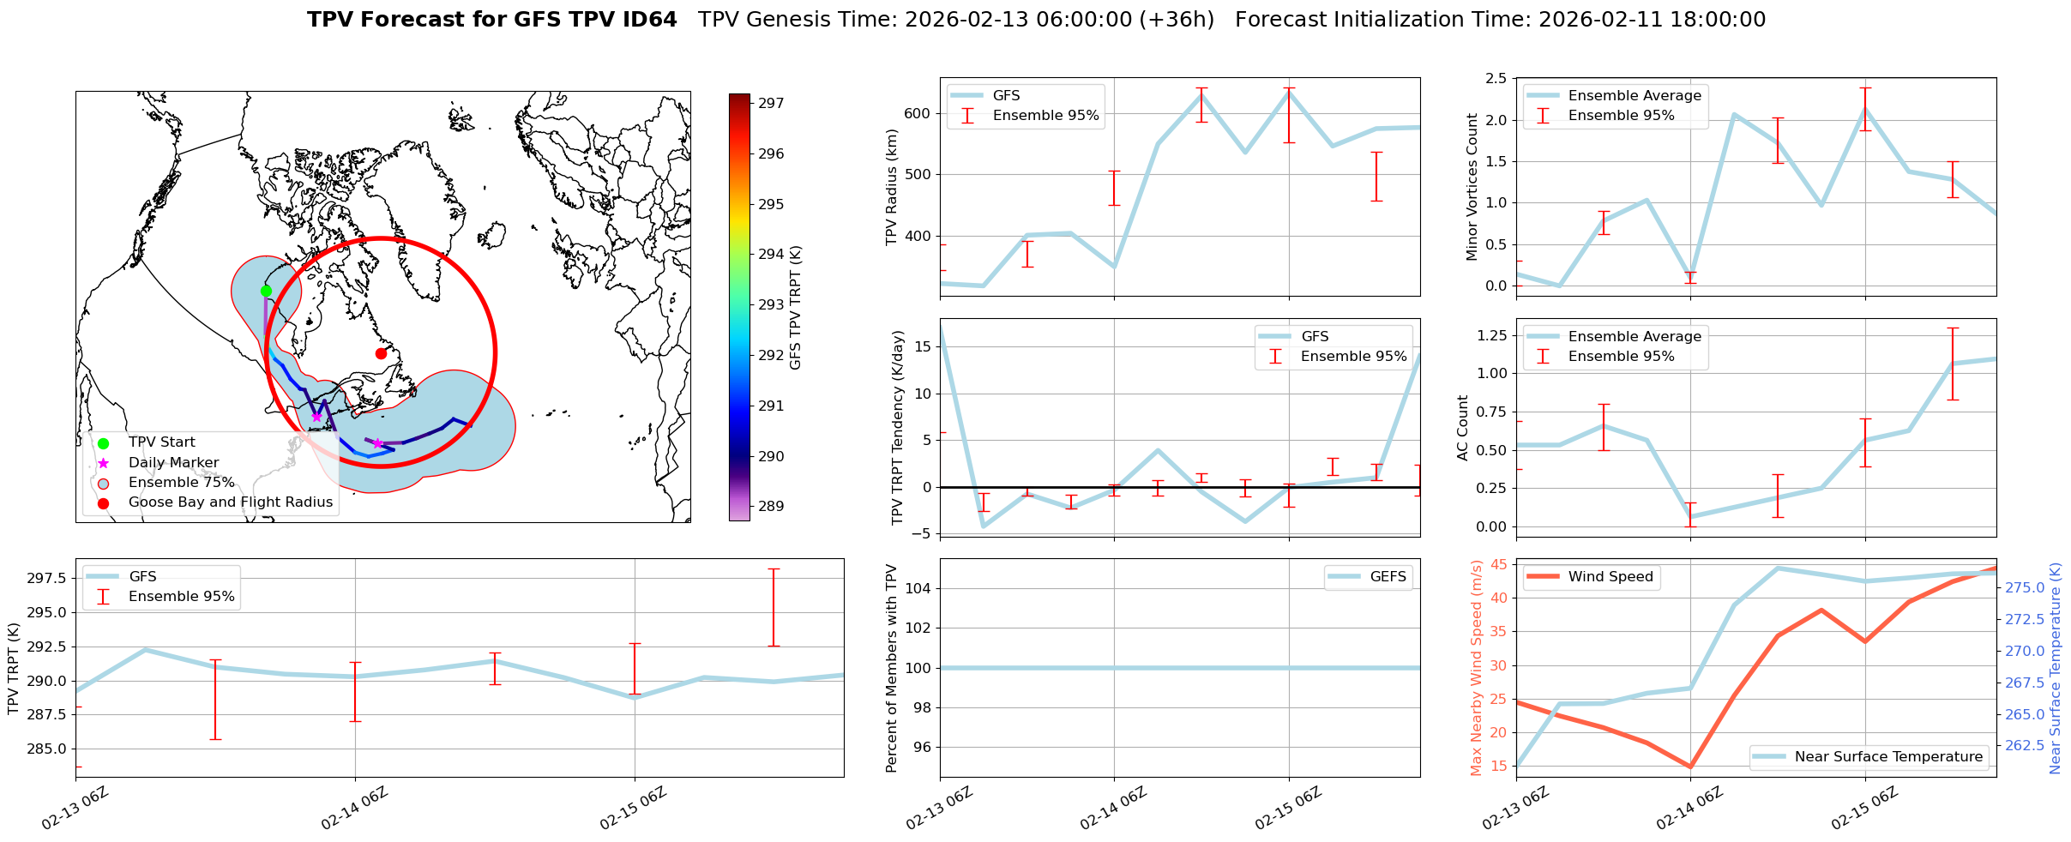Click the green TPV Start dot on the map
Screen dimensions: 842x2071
(x=266, y=291)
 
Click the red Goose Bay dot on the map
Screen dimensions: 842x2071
(x=381, y=353)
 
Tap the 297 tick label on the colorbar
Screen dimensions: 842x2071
(x=771, y=104)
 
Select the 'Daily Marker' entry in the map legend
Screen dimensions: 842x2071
(x=173, y=462)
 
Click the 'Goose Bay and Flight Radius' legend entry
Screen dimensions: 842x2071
(x=230, y=502)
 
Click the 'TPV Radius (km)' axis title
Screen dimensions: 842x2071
(x=892, y=187)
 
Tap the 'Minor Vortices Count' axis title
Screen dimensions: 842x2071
(x=1472, y=187)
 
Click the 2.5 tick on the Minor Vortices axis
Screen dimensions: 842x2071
(x=1495, y=79)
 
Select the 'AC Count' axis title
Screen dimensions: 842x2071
(x=1463, y=428)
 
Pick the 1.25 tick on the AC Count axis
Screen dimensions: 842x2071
(x=1490, y=335)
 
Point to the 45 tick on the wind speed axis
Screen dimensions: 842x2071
(x=1499, y=564)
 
